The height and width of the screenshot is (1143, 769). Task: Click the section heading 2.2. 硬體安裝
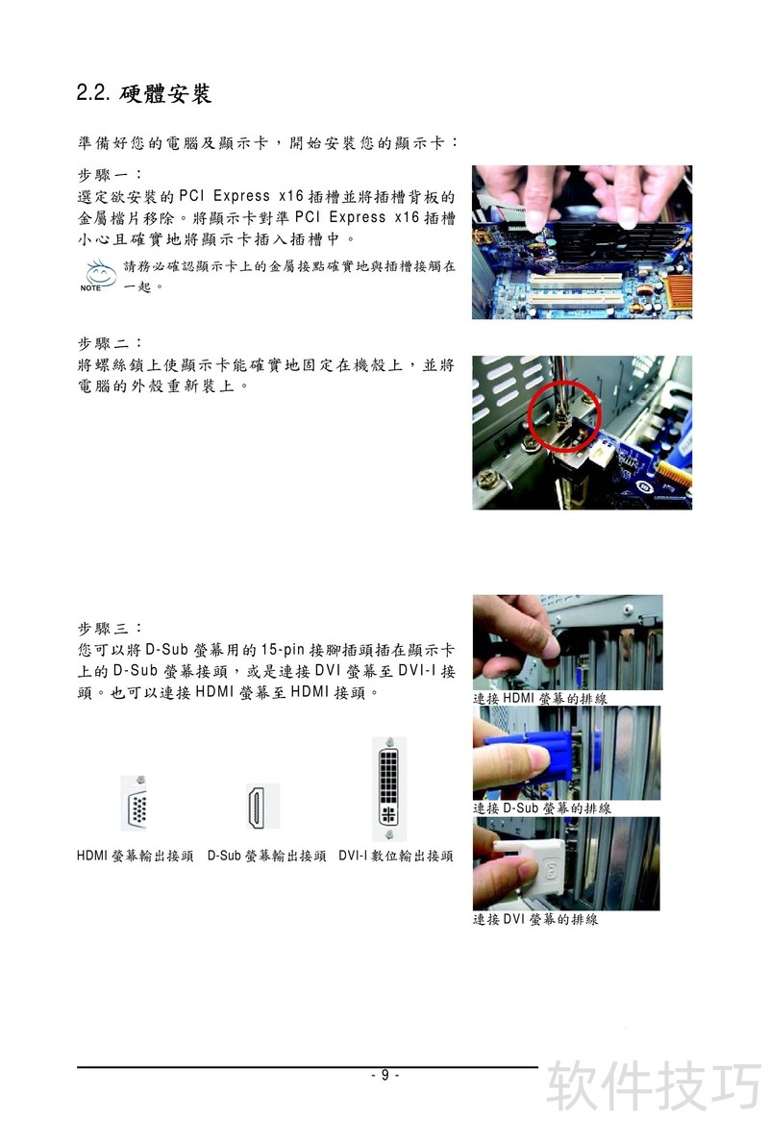tap(144, 93)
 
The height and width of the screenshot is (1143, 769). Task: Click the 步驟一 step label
tap(110, 175)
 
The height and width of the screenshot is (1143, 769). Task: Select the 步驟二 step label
tap(110, 343)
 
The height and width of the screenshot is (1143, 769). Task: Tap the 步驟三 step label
tap(110, 629)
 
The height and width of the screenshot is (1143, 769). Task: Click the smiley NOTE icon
tap(99, 276)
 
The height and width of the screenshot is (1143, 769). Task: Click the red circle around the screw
tap(563, 415)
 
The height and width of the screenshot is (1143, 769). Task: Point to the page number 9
tap(384, 1075)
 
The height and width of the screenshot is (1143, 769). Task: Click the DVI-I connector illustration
tap(389, 788)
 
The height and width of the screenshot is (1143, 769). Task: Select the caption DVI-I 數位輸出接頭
tap(396, 856)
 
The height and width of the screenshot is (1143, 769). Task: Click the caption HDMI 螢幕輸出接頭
tap(135, 856)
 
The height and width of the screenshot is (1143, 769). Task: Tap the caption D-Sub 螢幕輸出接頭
tap(267, 856)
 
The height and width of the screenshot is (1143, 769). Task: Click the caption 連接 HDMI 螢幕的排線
tap(540, 698)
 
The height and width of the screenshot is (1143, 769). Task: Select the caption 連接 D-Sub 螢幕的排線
tap(542, 808)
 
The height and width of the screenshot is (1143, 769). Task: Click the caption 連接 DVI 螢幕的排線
tap(535, 920)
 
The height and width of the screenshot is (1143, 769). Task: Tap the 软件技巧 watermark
tap(654, 1085)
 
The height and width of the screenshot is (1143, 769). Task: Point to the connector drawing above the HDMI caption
tap(135, 804)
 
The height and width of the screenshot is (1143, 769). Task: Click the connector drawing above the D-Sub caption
tap(262, 807)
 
